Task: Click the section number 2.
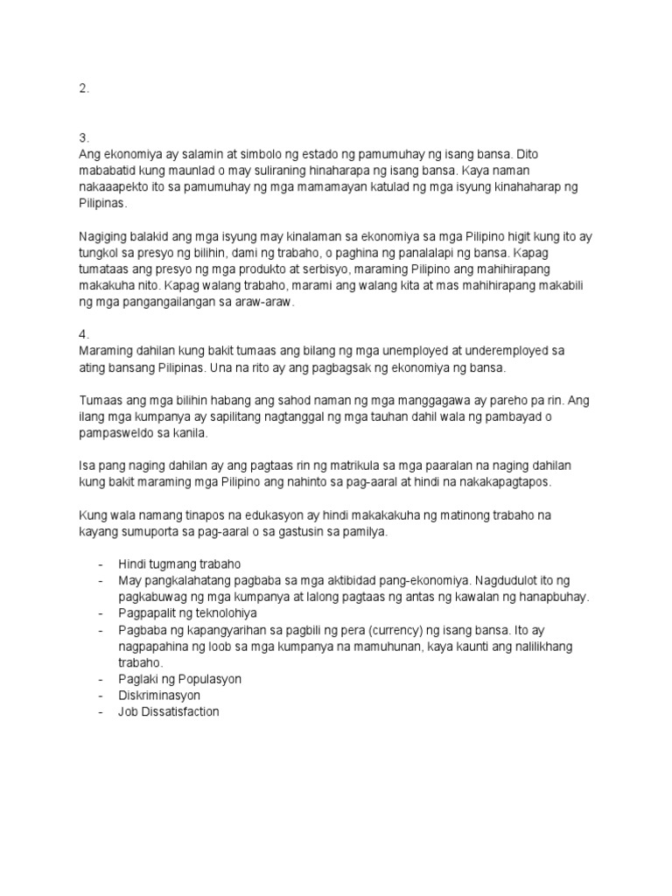pos(83,88)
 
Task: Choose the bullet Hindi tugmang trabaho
pos(179,564)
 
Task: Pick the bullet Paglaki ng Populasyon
pos(180,679)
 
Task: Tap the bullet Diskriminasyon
pos(160,696)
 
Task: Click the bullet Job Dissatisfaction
pos(169,712)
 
